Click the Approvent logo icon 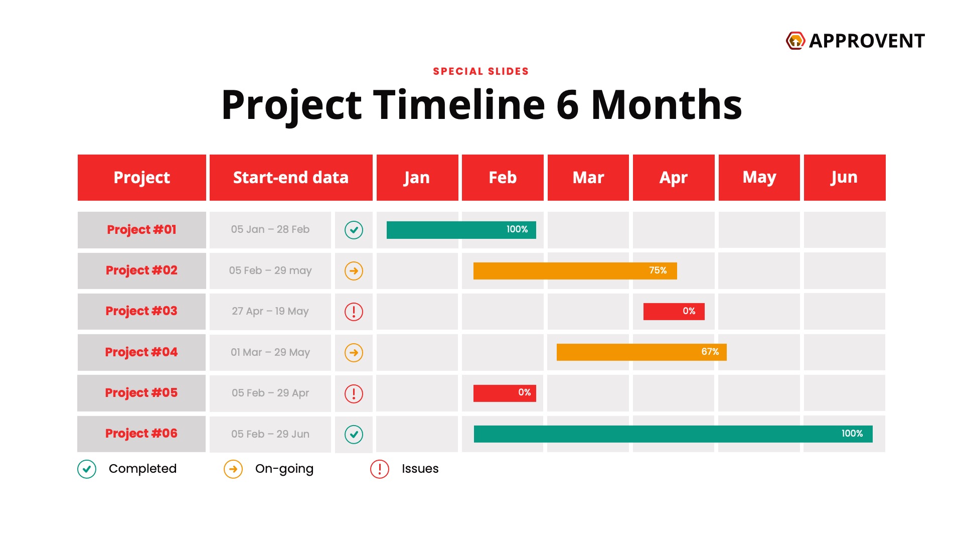[795, 41]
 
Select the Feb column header [503, 178]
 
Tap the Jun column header [845, 178]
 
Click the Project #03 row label [141, 311]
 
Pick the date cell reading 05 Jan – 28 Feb [270, 229]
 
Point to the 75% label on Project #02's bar [658, 270]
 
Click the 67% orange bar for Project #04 [641, 352]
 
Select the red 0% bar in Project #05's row [505, 393]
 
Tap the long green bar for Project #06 [673, 434]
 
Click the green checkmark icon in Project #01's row [354, 230]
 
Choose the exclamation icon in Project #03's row [354, 312]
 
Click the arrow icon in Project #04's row [354, 352]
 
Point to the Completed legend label [142, 469]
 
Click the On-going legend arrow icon [233, 469]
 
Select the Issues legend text [420, 469]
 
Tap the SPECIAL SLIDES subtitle [481, 71]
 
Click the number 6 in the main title [568, 105]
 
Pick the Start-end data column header [291, 178]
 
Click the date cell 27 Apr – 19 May [270, 311]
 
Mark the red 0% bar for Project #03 [674, 312]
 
